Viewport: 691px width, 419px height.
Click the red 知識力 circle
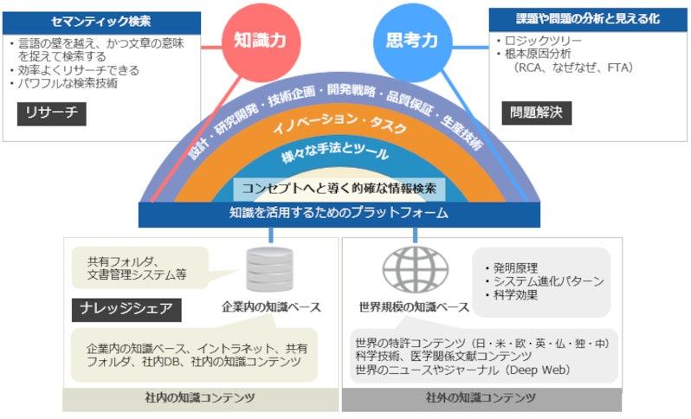261,42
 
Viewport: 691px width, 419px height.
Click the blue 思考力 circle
412,42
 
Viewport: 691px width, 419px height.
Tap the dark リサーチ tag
52,113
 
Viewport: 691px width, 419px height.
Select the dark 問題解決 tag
537,113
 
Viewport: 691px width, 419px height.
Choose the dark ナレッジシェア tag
126,310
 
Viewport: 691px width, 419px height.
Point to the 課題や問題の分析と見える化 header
588,19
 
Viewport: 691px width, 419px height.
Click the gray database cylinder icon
269,269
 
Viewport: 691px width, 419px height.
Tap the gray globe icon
415,269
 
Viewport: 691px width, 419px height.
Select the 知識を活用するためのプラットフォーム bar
339,214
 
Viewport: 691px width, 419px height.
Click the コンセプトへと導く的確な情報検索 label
339,189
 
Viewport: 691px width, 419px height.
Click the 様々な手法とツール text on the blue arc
335,152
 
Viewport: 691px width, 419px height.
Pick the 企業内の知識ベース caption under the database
271,306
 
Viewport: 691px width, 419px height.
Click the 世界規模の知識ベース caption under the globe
414,306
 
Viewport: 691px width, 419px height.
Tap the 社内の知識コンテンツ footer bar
201,399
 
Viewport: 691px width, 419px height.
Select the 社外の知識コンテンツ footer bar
481,399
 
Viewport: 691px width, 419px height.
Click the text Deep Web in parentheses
539,370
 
